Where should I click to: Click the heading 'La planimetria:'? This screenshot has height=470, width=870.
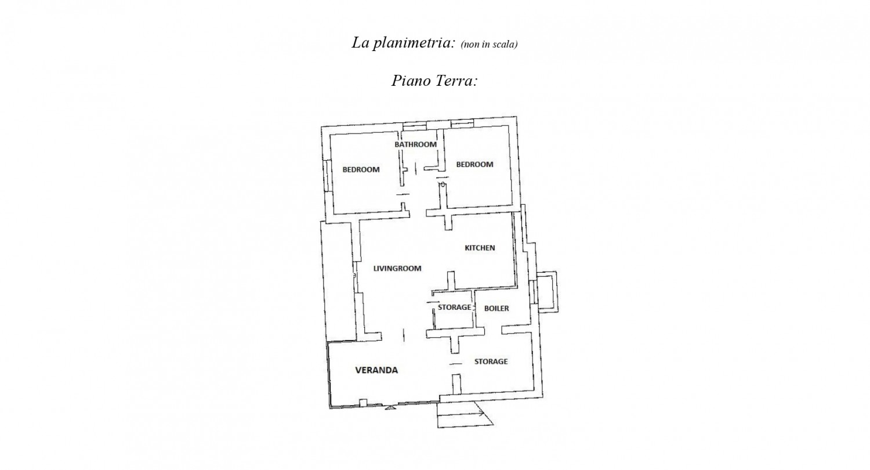pos(403,43)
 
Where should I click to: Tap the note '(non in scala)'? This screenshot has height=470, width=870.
pos(489,45)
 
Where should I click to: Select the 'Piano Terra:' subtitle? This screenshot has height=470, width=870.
pos(434,81)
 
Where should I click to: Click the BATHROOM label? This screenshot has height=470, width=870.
pos(415,144)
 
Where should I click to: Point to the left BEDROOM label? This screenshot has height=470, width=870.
pos(361,170)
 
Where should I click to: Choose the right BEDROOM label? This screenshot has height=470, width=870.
pos(474,165)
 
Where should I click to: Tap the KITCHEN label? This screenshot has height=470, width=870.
pos(480,248)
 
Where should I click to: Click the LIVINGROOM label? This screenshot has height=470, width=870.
pos(397,269)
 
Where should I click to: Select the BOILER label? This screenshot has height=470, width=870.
pos(496,309)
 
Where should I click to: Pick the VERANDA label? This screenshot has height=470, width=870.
pos(376,370)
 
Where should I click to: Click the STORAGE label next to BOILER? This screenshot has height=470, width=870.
pos(454,308)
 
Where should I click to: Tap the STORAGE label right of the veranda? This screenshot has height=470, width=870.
pos(491,362)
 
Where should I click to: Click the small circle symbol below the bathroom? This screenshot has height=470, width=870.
pos(443,185)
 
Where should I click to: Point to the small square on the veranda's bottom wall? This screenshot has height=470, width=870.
pos(364,402)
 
